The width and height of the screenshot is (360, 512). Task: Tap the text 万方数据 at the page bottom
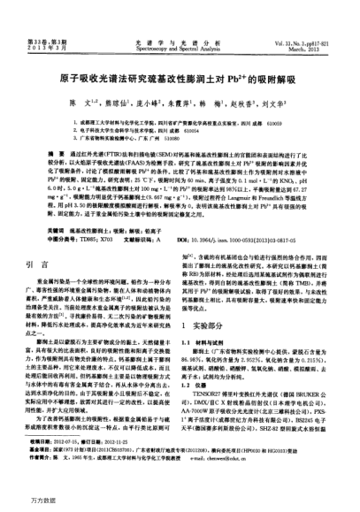coord(21,501)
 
